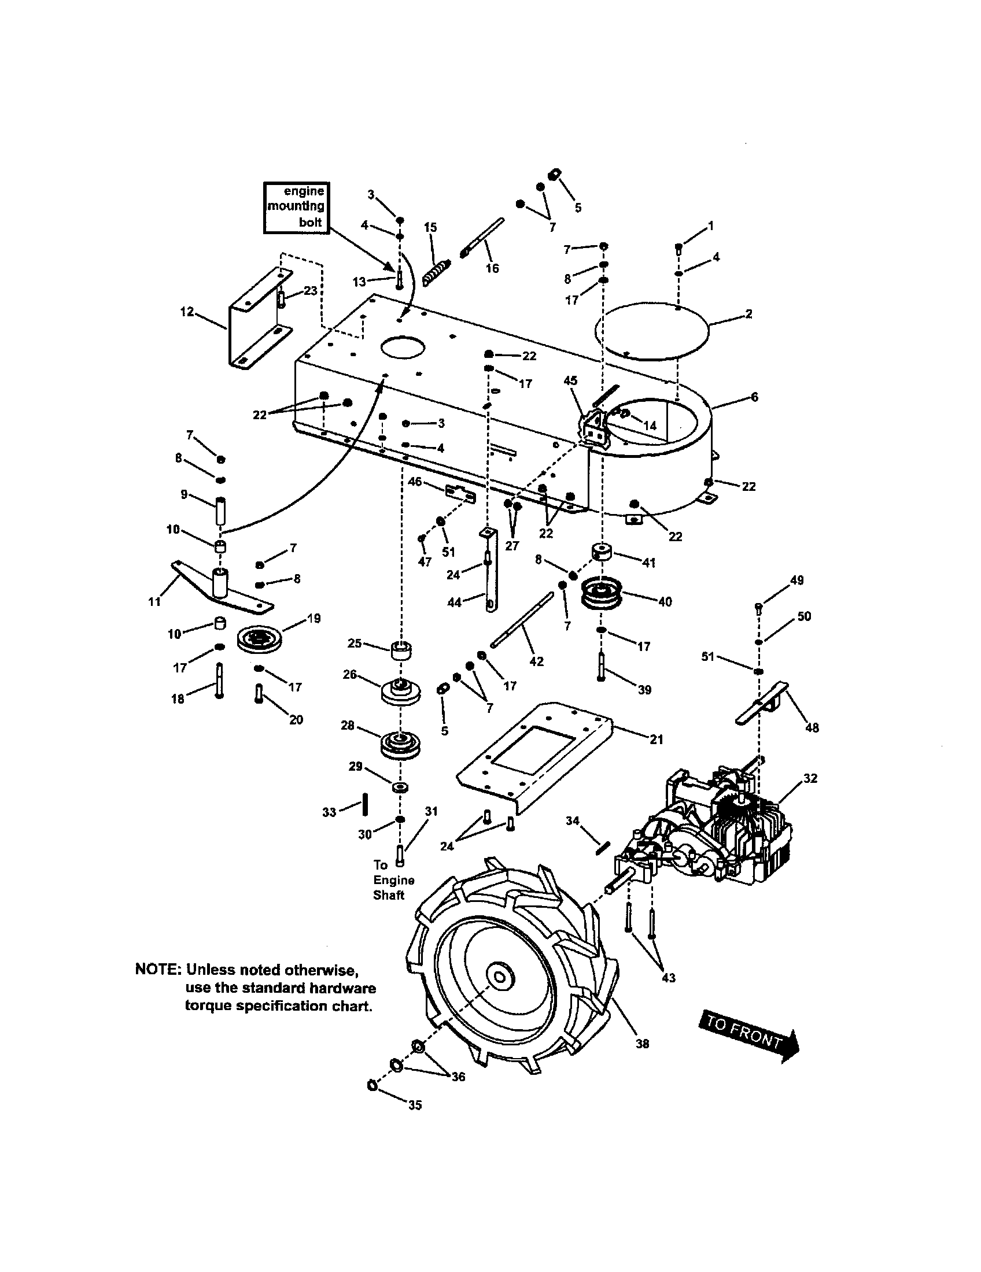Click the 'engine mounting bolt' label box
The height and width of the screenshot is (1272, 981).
click(297, 208)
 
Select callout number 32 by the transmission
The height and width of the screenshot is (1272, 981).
click(810, 778)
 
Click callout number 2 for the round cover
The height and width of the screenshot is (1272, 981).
click(748, 314)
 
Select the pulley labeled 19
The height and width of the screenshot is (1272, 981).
click(259, 639)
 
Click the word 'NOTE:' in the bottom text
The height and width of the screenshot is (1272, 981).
click(158, 970)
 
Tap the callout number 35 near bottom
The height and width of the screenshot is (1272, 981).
click(415, 1105)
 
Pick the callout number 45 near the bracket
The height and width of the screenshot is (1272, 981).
click(570, 380)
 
